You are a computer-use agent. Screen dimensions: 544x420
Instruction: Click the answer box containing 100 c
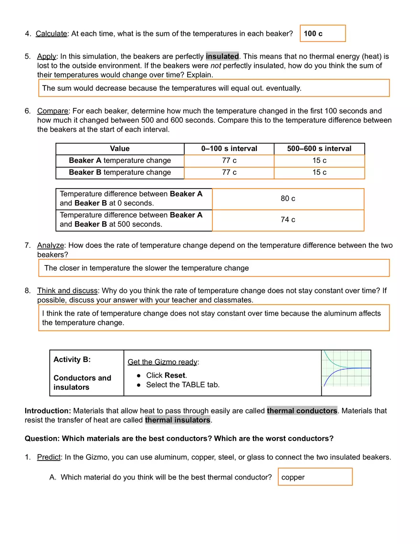tap(323, 33)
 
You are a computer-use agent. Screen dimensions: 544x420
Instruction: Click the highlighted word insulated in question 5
tap(222, 56)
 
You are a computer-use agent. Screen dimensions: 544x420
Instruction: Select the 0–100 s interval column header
tap(229, 149)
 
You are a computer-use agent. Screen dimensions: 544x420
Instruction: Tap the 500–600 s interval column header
tap(319, 149)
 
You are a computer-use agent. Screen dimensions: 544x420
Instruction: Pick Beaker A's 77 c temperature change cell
tap(229, 160)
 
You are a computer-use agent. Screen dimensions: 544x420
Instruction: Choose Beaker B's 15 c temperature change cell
tap(319, 172)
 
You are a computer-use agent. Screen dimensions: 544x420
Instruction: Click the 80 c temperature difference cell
tap(288, 199)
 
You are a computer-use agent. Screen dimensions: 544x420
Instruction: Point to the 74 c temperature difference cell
tap(288, 220)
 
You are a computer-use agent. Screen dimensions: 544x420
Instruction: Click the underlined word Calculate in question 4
tap(52, 33)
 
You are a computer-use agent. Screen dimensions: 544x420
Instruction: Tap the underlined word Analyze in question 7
tap(51, 245)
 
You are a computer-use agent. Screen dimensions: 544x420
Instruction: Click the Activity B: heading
tap(72, 360)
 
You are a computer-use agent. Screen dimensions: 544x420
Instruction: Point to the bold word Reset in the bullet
tap(175, 375)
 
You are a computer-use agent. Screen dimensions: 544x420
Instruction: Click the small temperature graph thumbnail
tap(346, 368)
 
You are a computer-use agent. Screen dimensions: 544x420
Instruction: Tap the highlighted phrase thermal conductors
tap(302, 411)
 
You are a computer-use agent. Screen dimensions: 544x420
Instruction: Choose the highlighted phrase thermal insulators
tap(178, 420)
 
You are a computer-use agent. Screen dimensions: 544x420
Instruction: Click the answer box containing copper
tap(315, 477)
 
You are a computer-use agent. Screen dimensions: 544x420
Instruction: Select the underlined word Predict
tap(49, 457)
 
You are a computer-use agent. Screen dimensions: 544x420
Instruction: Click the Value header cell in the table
tap(120, 149)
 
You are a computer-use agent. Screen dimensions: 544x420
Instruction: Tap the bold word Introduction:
tap(48, 411)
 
